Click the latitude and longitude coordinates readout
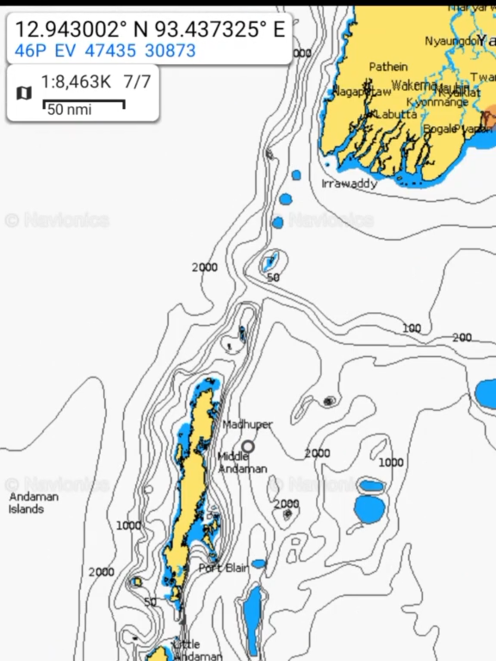[x=150, y=29]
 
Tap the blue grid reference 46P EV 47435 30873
[x=105, y=51]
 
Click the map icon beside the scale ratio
[x=24, y=93]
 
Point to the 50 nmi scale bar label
[x=69, y=110]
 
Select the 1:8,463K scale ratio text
[x=76, y=81]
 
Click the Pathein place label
[x=388, y=67]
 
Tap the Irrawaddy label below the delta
[x=349, y=184]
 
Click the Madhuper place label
[x=247, y=425]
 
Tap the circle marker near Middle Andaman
[x=248, y=447]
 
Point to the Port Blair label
[x=224, y=568]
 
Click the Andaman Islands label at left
[x=33, y=503]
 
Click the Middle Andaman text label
[x=242, y=463]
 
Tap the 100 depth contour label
[x=411, y=329]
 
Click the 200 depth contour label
[x=462, y=338]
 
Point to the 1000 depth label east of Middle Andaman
[x=391, y=462]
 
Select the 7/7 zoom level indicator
[x=137, y=81]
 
